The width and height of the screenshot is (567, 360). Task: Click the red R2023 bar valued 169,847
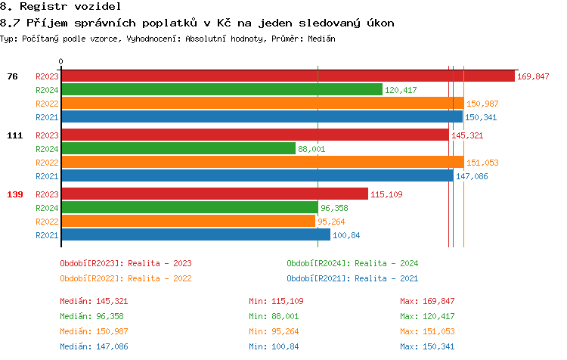(x=287, y=76)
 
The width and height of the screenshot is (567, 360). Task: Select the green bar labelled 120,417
(x=222, y=90)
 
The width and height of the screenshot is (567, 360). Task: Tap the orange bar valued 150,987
(x=262, y=104)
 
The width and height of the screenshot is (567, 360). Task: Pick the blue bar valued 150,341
(x=262, y=117)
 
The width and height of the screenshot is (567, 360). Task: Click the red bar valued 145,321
(x=255, y=135)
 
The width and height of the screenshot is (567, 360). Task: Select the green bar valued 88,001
(x=178, y=149)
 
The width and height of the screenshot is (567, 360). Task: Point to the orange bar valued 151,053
(x=262, y=163)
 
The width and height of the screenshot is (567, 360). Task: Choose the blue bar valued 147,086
(x=257, y=176)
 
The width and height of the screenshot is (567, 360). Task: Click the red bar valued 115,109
(x=214, y=194)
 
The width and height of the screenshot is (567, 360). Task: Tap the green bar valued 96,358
(x=189, y=208)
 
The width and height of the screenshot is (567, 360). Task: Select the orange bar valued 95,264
(x=187, y=222)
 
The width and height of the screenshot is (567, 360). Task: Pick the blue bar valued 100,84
(x=195, y=235)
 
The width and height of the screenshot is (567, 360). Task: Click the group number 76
(x=13, y=76)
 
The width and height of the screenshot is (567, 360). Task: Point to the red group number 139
(x=15, y=194)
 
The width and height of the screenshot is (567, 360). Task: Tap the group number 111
(x=15, y=135)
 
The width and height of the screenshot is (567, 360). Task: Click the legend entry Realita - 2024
(x=352, y=263)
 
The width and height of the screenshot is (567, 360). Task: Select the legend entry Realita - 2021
(x=352, y=278)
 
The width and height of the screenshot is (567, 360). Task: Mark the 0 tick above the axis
(x=61, y=61)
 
